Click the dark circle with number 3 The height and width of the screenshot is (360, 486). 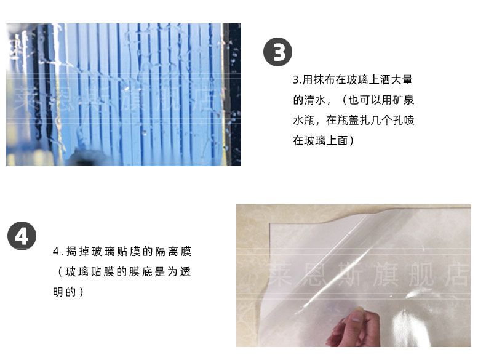[277, 52]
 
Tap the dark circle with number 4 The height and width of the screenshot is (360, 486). [22, 236]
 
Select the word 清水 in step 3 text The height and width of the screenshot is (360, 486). [315, 100]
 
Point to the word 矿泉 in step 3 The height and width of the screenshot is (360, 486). [403, 100]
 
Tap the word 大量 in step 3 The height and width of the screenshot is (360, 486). [403, 79]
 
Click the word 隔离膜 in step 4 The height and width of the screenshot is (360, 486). [173, 252]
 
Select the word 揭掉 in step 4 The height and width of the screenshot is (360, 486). [78, 252]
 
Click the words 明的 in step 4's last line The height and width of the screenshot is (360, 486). [65, 292]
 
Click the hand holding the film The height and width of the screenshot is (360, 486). [353, 328]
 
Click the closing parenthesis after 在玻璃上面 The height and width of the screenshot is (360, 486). [351, 141]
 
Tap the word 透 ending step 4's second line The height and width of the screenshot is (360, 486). [185, 272]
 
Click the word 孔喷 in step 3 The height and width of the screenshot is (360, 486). [403, 121]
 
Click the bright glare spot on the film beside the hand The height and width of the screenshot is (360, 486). [402, 326]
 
